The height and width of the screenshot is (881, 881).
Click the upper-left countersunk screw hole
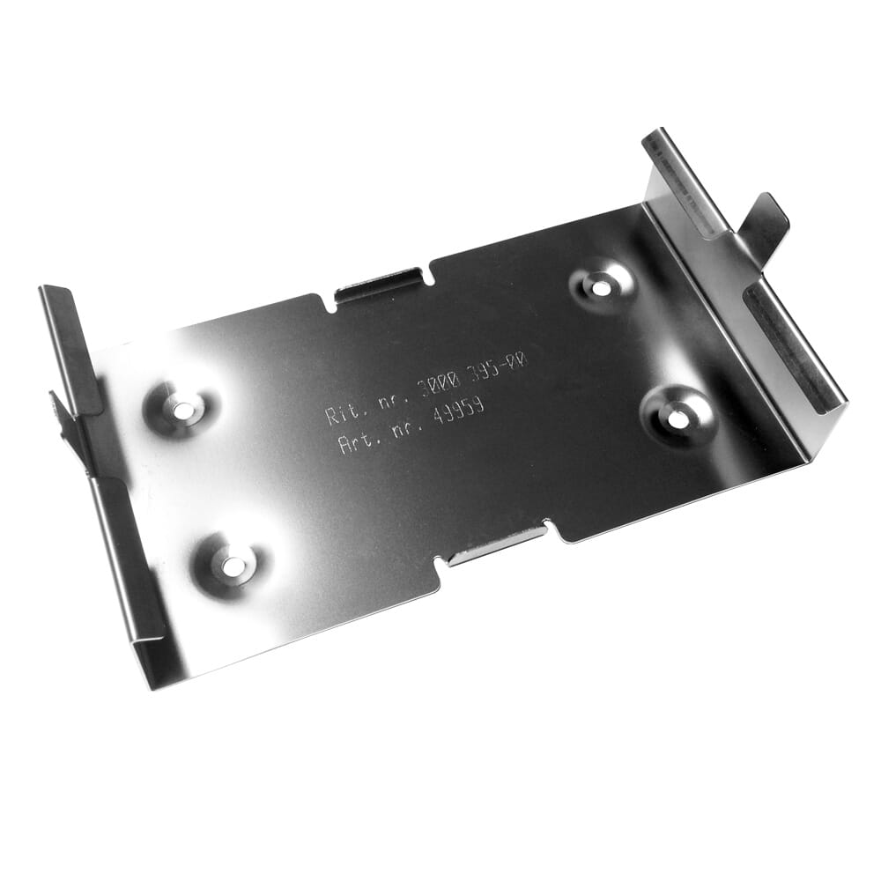pyautogui.click(x=184, y=409)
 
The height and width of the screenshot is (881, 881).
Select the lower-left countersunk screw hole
pyautogui.click(x=231, y=566)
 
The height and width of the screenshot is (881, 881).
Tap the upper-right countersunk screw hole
pyautogui.click(x=602, y=286)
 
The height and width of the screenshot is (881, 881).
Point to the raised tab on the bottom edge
pyautogui.click(x=498, y=547)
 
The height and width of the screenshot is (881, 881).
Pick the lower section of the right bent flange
pyautogui.click(x=793, y=352)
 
